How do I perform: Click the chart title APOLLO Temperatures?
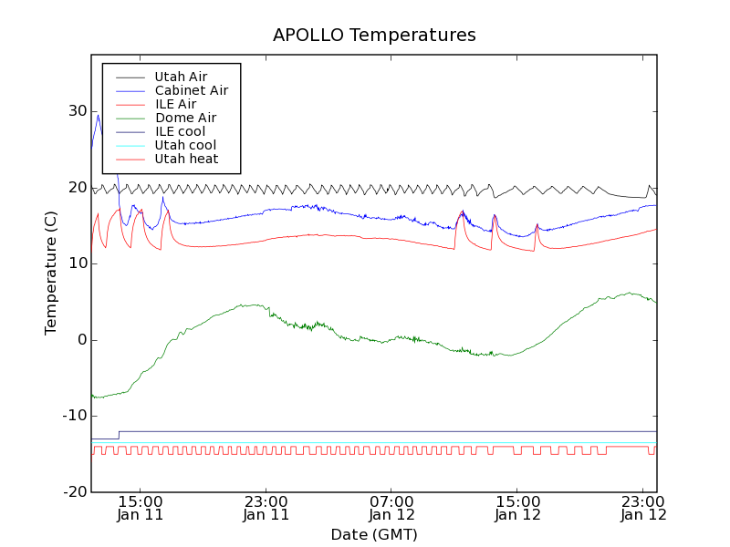pos(374,36)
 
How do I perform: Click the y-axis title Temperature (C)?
pos(52,273)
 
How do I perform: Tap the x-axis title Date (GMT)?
pos(374,534)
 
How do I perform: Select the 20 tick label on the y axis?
pos(76,188)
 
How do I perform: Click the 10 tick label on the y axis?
pos(76,263)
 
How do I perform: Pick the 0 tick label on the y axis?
pos(81,340)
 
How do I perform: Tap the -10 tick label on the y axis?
pos(73,416)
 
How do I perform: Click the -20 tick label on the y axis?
pos(73,492)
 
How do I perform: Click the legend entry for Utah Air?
pos(181,77)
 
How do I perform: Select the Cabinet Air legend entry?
pos(191,90)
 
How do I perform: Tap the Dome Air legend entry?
pos(185,118)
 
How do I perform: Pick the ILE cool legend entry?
pos(180,131)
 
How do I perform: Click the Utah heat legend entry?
pos(186,159)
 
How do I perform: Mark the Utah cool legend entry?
pos(185,145)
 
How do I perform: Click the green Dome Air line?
pos(365,338)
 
